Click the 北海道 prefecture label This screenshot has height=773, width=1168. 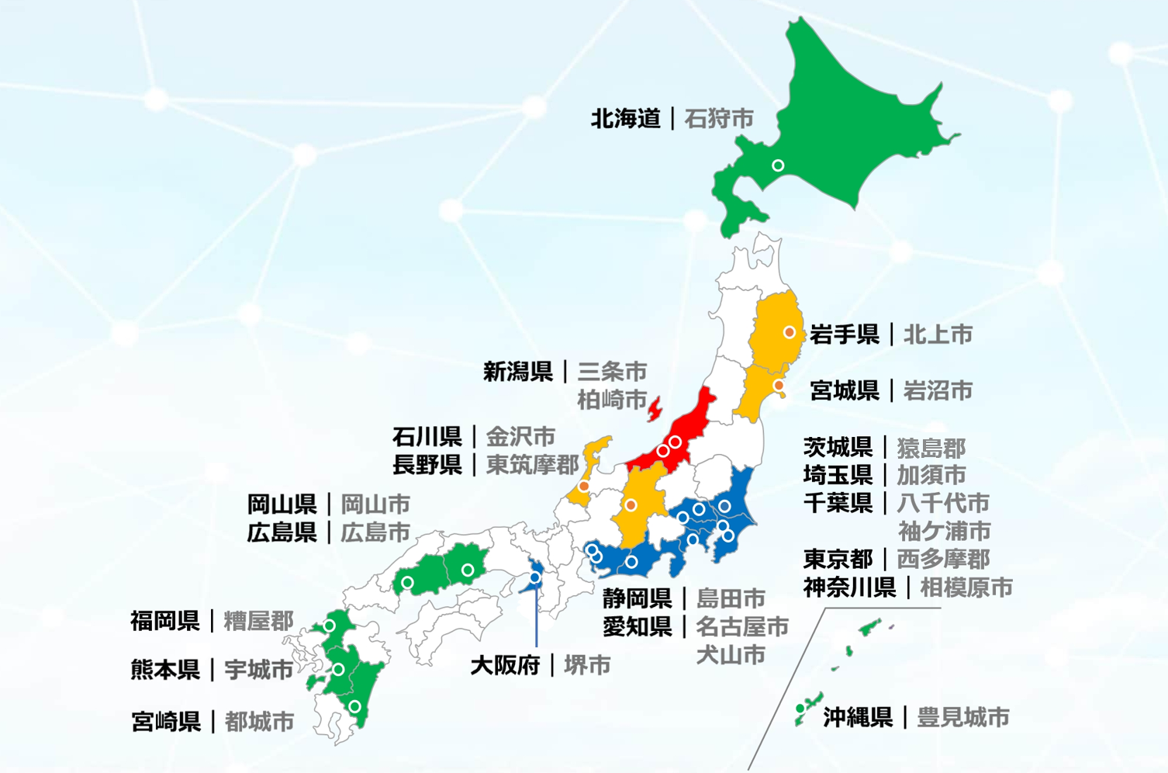[x=625, y=119]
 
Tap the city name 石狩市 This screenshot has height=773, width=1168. [x=719, y=119]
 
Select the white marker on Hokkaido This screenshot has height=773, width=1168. [x=778, y=165]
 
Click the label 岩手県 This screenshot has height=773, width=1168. [x=845, y=335]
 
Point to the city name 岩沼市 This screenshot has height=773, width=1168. [x=938, y=390]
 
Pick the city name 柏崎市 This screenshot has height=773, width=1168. [x=612, y=400]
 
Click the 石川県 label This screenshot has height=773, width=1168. [x=427, y=436]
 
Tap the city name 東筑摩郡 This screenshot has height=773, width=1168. [x=532, y=464]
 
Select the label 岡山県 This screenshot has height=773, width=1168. [x=282, y=504]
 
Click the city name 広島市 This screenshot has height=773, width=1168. [x=375, y=532]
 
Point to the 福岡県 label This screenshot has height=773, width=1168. [x=164, y=621]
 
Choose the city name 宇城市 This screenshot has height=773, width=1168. [x=258, y=670]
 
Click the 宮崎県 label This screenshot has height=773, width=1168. [x=166, y=722]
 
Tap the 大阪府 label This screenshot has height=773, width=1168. [x=505, y=665]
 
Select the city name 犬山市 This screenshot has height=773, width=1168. [x=730, y=654]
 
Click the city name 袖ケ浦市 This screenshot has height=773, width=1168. [x=944, y=531]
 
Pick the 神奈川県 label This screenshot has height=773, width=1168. [x=849, y=588]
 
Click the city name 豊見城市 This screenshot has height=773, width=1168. [x=962, y=717]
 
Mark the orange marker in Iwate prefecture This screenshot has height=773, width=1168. [x=790, y=332]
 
